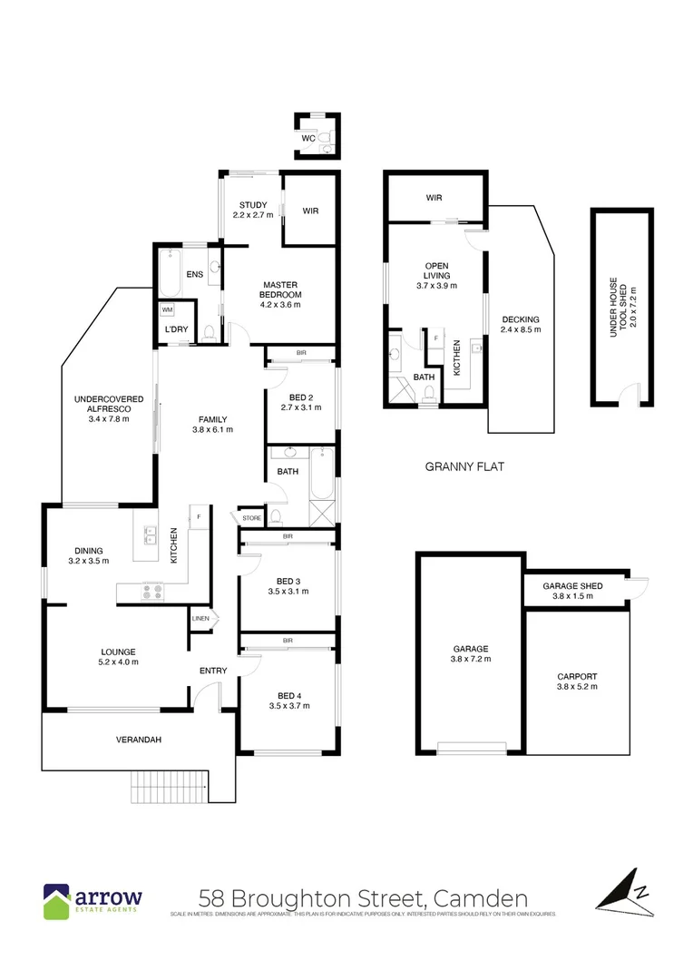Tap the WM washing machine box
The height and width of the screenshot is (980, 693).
(x=167, y=309)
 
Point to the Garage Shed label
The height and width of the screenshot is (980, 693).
(x=573, y=585)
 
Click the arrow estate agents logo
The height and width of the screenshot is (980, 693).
(x=92, y=900)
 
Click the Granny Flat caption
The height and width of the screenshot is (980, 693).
(x=464, y=466)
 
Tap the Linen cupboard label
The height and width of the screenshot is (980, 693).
(x=200, y=619)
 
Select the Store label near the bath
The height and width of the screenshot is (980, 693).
(x=251, y=518)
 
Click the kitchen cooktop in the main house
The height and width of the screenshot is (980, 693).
(x=151, y=592)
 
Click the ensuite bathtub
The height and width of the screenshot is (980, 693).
(x=171, y=275)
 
